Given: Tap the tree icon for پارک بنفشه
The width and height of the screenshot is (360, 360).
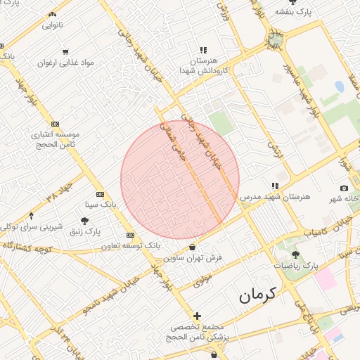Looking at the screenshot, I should pyautogui.click(x=293, y=2).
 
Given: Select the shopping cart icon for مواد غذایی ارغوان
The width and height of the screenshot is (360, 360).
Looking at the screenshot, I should pyautogui.click(x=65, y=51).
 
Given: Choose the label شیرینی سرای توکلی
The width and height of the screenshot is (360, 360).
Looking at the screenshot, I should pyautogui.click(x=39, y=226).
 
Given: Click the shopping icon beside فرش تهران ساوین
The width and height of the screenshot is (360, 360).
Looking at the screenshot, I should pyautogui.click(x=193, y=247).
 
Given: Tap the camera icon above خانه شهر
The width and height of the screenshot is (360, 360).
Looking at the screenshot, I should pyautogui.click(x=344, y=188).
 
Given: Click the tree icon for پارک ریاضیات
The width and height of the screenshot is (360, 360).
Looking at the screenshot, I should pyautogui.click(x=295, y=255).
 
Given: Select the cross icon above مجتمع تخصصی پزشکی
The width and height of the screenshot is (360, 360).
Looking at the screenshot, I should pyautogui.click(x=198, y=316).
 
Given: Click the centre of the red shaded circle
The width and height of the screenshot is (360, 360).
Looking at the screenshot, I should pyautogui.click(x=180, y=180).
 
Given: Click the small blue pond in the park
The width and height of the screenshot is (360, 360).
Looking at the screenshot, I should pyautogui.click(x=340, y=86).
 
